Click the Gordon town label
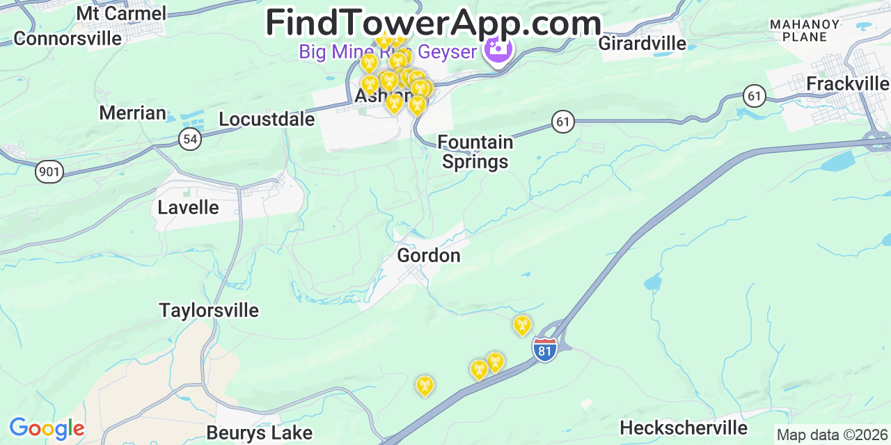pos(429,255)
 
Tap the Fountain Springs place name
pos(475,152)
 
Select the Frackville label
pos(847,84)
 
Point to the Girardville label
pos(642,44)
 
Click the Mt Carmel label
pos(121,13)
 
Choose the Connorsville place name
pos(68,38)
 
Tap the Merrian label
pos(132,113)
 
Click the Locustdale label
pos(267,120)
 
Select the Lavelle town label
pos(188,207)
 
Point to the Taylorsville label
pos(209,310)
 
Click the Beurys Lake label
pos(260,433)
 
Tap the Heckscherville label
pos(684,428)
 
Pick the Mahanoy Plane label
pos(804,31)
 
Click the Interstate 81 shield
pos(545,350)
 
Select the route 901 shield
pos(49,171)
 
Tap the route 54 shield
pos(190,138)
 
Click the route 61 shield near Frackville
pos(755,95)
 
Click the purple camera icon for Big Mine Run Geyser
pos(498,49)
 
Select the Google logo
pos(47,428)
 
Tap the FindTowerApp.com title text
pos(433,22)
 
